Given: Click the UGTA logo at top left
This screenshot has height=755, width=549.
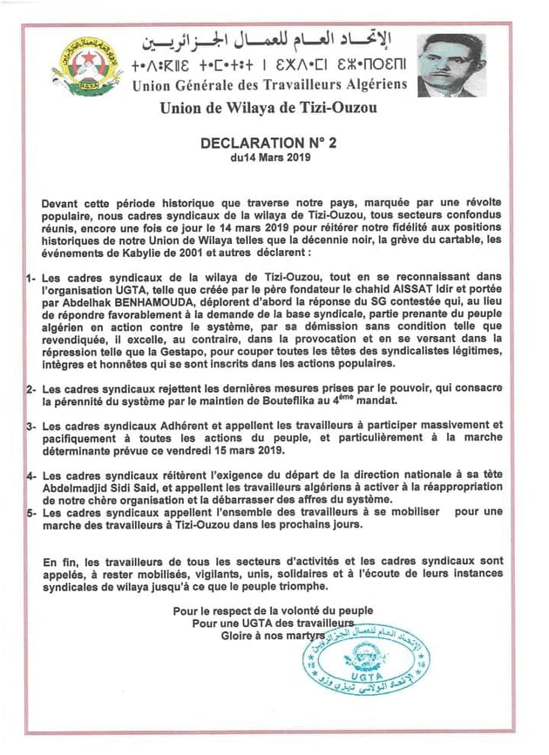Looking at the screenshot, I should (x=87, y=66).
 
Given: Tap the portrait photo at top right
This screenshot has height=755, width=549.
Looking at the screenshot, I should (x=451, y=65).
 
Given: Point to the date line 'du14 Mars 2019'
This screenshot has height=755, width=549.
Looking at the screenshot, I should (x=270, y=159).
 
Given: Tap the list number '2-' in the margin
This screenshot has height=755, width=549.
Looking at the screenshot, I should (x=30, y=388).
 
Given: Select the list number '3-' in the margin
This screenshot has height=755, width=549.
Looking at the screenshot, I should (x=30, y=426).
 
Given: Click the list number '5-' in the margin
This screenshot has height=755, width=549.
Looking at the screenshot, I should (x=30, y=513).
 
